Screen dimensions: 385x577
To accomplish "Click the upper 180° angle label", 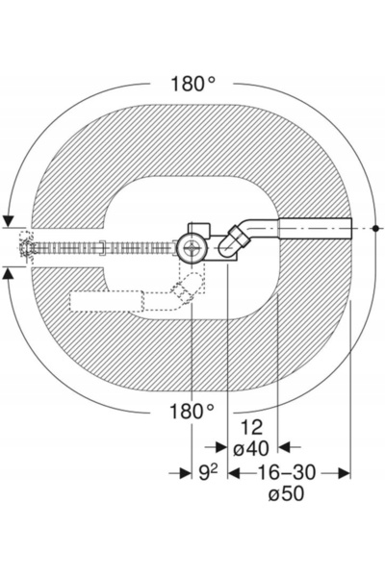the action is pyautogui.click(x=192, y=84).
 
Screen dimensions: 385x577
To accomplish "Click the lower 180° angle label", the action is pyautogui.click(x=192, y=412).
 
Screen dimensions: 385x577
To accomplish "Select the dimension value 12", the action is pyautogui.click(x=252, y=428).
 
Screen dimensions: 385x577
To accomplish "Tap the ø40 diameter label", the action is pyautogui.click(x=251, y=448).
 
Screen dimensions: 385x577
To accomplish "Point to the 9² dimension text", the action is pyautogui.click(x=209, y=473).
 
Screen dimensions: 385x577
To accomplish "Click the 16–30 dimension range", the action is pyautogui.click(x=286, y=472).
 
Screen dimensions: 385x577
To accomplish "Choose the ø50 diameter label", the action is pyautogui.click(x=287, y=494).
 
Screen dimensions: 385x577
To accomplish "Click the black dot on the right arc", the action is pyautogui.click(x=375, y=229).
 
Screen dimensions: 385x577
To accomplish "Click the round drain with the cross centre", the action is pyautogui.click(x=191, y=248).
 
